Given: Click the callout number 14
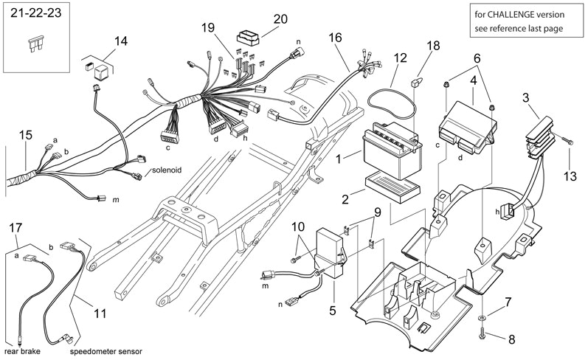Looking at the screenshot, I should point(120,41).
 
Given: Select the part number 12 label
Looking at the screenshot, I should point(400,58).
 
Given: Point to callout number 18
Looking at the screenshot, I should point(432,46).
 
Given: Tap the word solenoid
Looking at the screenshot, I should point(167,170).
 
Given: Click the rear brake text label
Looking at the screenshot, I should point(21,352).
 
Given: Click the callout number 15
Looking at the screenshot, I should point(26,135).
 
